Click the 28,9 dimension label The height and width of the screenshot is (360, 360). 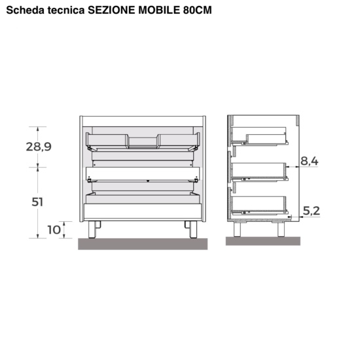[x=39, y=147]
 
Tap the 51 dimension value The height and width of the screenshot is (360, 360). [x=37, y=202]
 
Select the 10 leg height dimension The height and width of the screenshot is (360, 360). [x=54, y=230]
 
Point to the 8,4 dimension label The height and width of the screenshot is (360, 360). [x=309, y=161]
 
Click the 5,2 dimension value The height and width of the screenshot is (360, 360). [x=312, y=211]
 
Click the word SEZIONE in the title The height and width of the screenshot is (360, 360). [x=111, y=10]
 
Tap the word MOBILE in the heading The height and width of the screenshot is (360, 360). [x=159, y=10]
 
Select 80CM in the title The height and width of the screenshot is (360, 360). [x=198, y=10]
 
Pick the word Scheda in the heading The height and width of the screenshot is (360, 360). [x=26, y=10]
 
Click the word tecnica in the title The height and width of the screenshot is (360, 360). [x=66, y=10]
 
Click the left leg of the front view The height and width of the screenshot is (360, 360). [x=92, y=229]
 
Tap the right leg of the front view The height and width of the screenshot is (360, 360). [x=193, y=229]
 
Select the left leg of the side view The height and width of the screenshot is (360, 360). [x=237, y=229]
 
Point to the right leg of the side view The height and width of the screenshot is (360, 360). [x=281, y=229]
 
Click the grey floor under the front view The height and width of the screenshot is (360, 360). [x=143, y=244]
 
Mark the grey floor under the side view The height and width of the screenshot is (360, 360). [x=263, y=241]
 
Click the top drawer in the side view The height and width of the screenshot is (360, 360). [x=259, y=136]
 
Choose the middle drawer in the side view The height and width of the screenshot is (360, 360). [x=259, y=171]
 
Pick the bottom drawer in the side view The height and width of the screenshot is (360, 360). [x=259, y=206]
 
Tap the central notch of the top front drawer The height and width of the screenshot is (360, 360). [x=143, y=142]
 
